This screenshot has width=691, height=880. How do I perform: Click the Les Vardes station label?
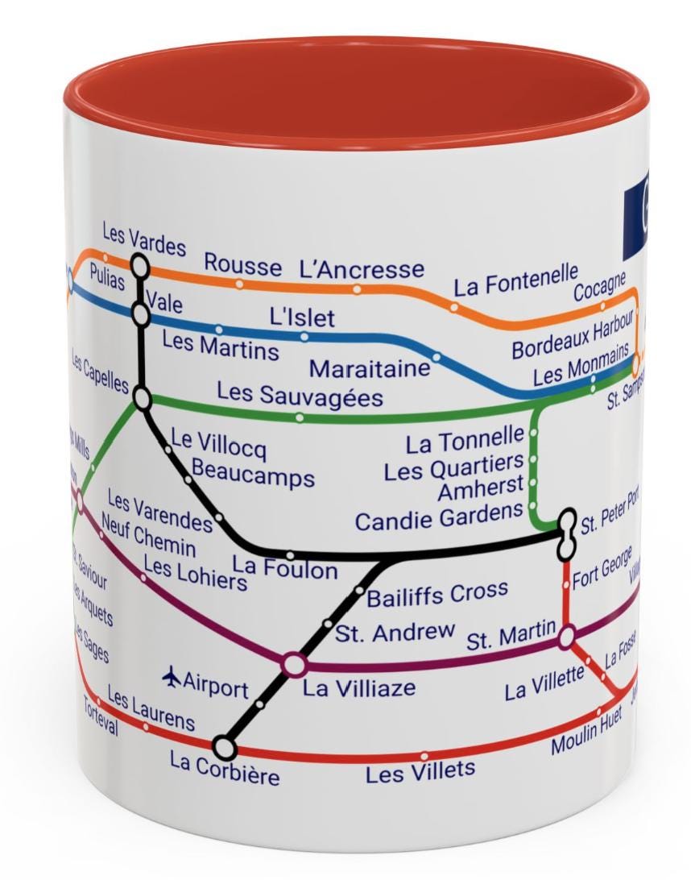143,240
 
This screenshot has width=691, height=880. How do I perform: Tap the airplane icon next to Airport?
172,678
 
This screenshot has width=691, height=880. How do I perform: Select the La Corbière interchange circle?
225,749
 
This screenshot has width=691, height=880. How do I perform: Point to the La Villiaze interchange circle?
294,665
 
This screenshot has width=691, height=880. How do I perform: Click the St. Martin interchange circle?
567,637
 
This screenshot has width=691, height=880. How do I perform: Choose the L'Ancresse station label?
361,269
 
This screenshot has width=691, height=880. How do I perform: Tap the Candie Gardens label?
439,517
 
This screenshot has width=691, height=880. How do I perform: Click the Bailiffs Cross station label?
437,595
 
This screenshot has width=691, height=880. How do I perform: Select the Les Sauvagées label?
300,396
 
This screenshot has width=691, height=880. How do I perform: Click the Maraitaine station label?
370,369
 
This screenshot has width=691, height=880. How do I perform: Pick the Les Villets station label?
420,771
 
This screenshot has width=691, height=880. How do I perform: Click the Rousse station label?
242,264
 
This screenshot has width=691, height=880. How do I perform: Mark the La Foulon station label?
285,569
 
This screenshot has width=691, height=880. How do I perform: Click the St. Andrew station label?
395,632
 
